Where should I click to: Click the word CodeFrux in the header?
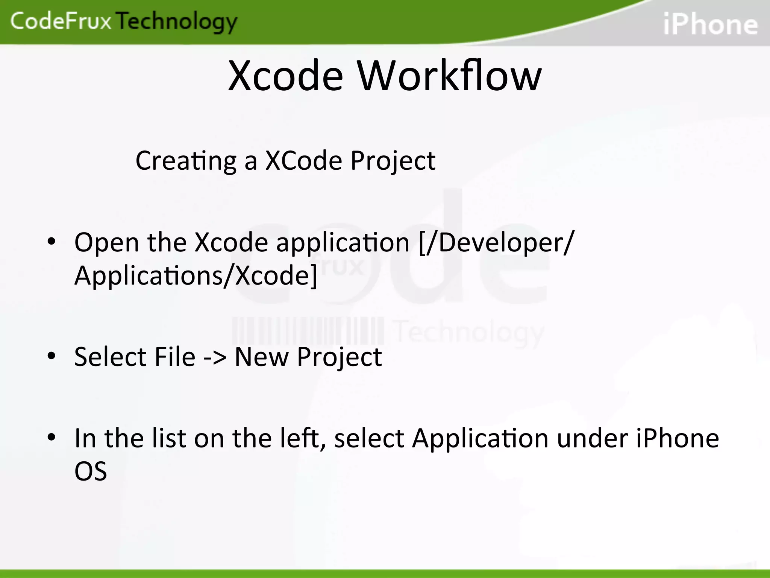61,21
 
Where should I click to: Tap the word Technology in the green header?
177,22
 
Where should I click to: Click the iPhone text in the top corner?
710,24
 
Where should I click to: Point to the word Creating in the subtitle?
186,161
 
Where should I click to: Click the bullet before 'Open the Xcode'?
52,241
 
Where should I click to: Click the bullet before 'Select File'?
52,356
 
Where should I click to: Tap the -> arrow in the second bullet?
215,357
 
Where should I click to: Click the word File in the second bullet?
175,356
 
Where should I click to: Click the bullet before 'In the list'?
52,437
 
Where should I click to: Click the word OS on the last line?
91,471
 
